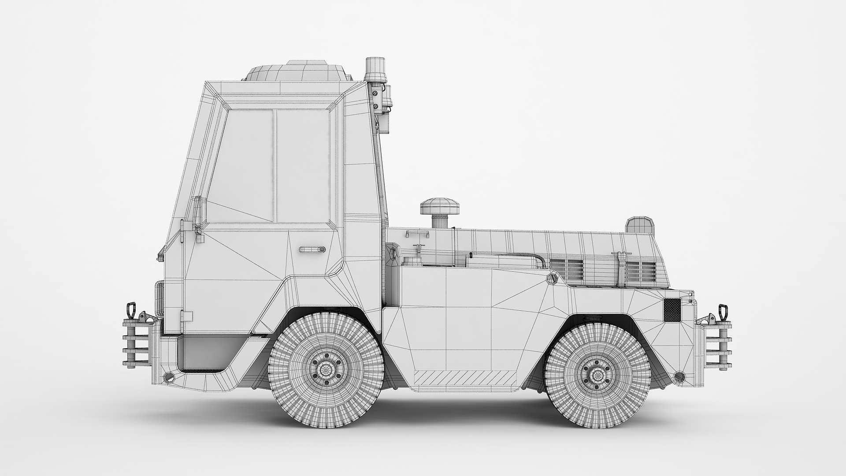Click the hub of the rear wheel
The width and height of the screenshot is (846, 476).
[598, 374]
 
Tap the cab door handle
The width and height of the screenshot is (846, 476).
[312, 249]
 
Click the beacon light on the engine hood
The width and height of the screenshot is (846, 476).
[640, 225]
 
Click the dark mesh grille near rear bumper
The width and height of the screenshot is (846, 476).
[672, 309]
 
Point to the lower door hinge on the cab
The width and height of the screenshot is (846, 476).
[186, 316]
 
